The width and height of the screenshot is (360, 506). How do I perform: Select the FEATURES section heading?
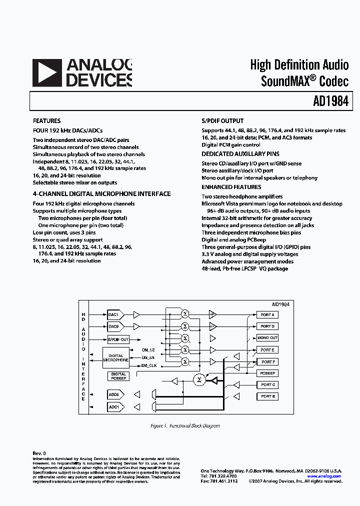46,121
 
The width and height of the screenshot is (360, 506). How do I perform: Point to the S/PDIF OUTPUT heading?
222,121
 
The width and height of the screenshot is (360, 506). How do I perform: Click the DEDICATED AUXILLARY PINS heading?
240,154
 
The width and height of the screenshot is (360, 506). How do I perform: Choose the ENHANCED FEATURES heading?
231,187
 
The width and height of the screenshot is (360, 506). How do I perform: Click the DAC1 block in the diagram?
113,314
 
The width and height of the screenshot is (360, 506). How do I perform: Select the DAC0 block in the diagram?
113,326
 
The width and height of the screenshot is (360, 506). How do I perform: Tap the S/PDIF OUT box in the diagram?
118,339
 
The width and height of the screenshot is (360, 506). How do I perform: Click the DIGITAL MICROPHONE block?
116,357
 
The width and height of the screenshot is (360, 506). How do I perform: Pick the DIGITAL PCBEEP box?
118,376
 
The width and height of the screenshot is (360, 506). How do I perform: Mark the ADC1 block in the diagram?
113,407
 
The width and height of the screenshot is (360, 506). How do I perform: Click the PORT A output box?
267,314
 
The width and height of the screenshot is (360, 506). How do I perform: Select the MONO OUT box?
267,338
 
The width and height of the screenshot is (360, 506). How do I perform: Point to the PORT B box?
267,396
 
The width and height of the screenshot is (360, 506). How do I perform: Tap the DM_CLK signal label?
149,365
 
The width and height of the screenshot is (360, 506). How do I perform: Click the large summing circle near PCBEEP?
199,380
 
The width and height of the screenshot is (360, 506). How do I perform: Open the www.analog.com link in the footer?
324,476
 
